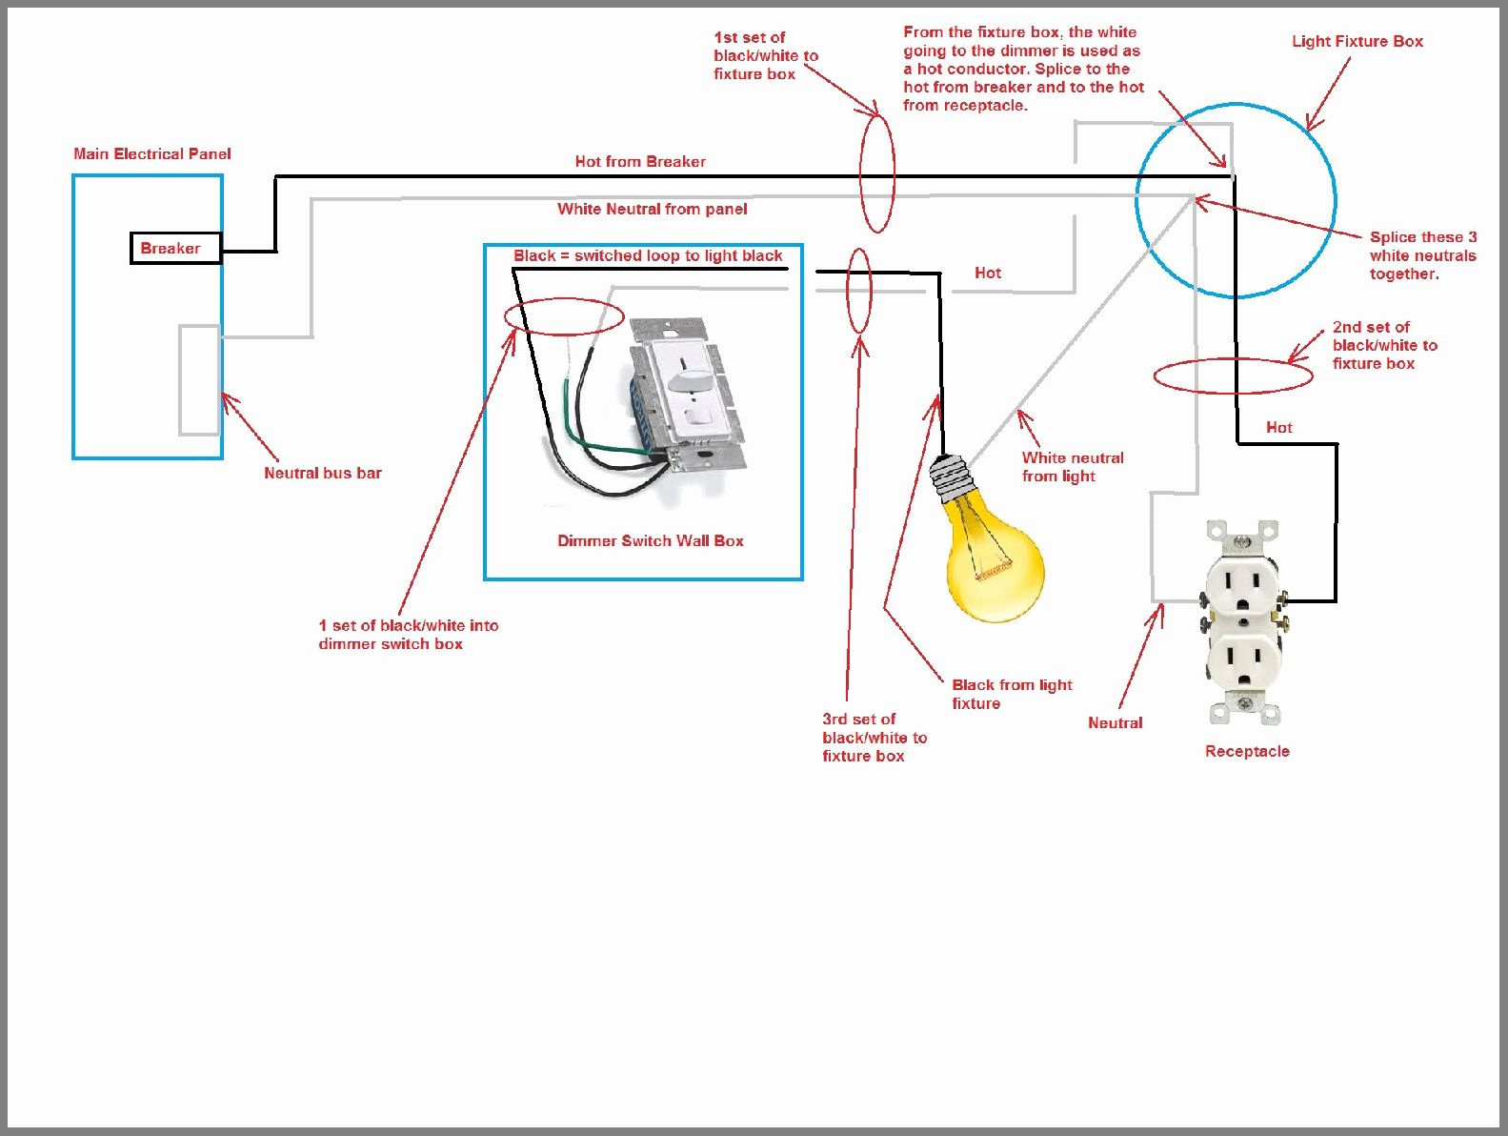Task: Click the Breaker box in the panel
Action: (x=175, y=248)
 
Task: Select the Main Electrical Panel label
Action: (x=152, y=153)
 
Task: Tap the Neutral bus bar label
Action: (x=323, y=473)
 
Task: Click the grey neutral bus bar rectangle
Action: (x=199, y=380)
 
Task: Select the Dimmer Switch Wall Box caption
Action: (x=651, y=540)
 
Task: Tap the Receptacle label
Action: (x=1247, y=751)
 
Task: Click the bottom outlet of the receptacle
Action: (x=1242, y=662)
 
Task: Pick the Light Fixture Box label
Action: (x=1357, y=41)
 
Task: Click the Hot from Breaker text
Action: (x=640, y=161)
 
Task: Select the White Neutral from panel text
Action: (x=653, y=209)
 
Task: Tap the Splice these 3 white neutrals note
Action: (x=1423, y=255)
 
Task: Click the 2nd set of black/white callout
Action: (x=1384, y=345)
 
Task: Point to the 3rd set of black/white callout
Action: (x=874, y=737)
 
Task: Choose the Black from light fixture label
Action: (x=1012, y=694)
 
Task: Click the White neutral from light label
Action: (x=1073, y=467)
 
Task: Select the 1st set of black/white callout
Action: (x=765, y=55)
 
